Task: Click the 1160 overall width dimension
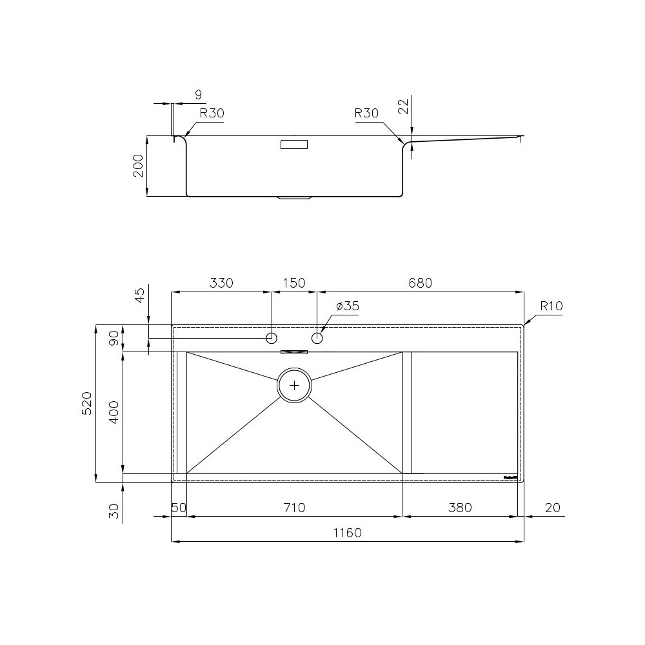(x=348, y=533)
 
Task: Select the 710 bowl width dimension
(x=294, y=508)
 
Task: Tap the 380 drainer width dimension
(x=459, y=508)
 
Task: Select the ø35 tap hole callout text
(x=348, y=306)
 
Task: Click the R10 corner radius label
(x=551, y=306)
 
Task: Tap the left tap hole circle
(x=272, y=338)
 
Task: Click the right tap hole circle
(x=317, y=338)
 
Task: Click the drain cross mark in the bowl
(x=295, y=385)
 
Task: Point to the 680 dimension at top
(x=419, y=283)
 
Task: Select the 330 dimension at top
(x=221, y=283)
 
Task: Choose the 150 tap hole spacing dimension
(x=294, y=283)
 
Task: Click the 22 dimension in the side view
(x=404, y=107)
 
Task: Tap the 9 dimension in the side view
(x=198, y=95)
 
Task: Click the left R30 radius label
(x=212, y=114)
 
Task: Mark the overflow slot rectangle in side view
(x=294, y=145)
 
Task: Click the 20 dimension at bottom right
(x=551, y=508)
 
